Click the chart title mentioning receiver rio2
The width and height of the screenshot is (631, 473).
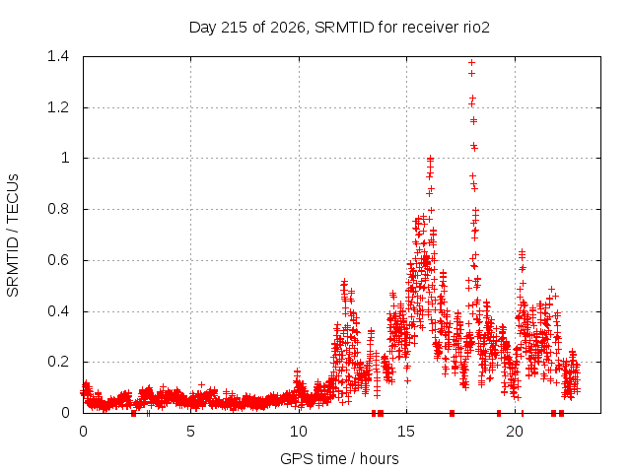[x=339, y=28]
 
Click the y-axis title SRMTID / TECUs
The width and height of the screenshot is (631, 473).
[x=13, y=236]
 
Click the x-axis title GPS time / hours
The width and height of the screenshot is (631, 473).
[x=339, y=458]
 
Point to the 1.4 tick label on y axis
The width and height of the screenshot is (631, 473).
[x=58, y=56]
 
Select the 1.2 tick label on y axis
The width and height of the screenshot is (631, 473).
[x=58, y=107]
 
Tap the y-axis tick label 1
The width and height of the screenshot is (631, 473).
[x=65, y=158]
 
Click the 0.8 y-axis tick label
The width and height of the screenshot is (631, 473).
[x=58, y=209]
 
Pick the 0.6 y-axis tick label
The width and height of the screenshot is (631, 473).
[x=58, y=260]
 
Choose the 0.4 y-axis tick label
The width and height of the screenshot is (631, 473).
[x=58, y=311]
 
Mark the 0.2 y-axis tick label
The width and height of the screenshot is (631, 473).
[x=58, y=362]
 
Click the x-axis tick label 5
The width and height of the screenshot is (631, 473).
[x=190, y=432]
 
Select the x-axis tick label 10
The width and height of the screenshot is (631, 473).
[x=299, y=432]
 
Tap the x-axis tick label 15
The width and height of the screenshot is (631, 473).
[x=406, y=432]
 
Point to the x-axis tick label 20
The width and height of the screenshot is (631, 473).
[x=515, y=432]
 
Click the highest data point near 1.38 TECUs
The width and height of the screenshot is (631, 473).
[x=471, y=63]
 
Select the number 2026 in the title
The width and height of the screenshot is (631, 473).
[x=288, y=28]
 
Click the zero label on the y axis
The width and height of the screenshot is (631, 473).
[x=65, y=413]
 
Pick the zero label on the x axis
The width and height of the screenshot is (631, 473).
[x=83, y=432]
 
